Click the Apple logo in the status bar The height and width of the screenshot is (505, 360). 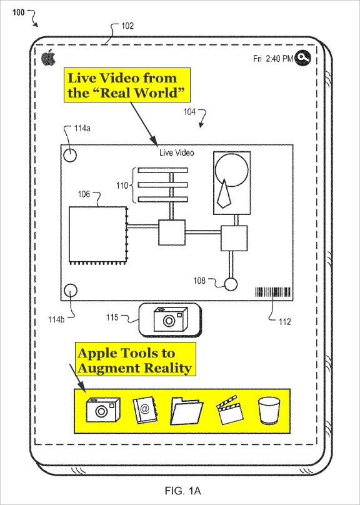point(48,58)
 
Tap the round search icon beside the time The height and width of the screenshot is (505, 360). point(302,58)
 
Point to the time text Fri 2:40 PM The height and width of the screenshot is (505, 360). point(273,59)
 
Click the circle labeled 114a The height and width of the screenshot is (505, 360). point(70,155)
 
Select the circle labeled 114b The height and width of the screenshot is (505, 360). point(70,291)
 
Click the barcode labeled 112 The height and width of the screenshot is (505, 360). point(272,292)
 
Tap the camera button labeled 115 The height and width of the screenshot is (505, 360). point(170,320)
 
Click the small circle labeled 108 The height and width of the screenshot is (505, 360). point(231,284)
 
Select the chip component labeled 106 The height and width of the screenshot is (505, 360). point(99,236)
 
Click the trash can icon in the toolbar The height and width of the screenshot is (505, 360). point(269,410)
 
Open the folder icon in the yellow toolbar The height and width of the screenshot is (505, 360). point(186,411)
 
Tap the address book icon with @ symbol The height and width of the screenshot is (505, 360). point(145,410)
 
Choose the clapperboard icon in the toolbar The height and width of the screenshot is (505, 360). point(229,410)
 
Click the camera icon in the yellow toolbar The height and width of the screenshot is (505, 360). point(103,409)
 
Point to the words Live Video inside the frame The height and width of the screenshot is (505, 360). point(177,152)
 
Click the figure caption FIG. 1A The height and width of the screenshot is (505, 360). point(183,491)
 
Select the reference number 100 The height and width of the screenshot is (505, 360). point(18,12)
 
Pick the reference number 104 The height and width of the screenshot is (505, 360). point(189,112)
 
